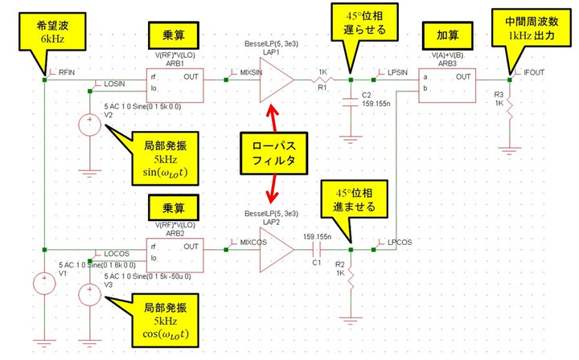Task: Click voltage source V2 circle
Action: tap(87, 125)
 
